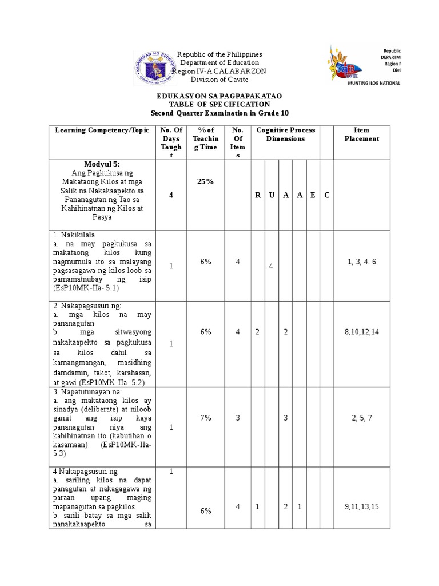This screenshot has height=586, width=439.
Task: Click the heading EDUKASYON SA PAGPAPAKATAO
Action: click(219, 96)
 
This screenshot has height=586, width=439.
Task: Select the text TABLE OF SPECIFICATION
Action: click(219, 105)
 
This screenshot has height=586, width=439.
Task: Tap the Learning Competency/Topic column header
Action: click(102, 130)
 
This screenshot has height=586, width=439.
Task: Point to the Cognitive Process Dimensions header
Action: click(285, 134)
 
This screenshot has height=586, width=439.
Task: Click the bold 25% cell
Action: click(205, 181)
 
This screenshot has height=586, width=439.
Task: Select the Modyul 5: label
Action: click(102, 164)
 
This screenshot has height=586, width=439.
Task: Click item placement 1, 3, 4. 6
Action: click(361, 262)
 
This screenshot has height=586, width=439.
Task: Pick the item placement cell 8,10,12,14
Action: click(361, 332)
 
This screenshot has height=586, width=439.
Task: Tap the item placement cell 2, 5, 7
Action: click(361, 418)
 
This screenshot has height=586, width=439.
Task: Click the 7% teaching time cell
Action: click(205, 418)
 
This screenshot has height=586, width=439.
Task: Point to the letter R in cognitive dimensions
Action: click(258, 195)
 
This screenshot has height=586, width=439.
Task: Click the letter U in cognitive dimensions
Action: click(271, 195)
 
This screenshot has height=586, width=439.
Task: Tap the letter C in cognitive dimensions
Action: click(326, 195)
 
